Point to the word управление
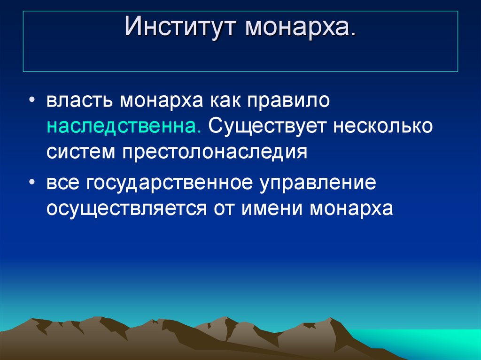317,183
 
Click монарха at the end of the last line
350,209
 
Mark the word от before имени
224,209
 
